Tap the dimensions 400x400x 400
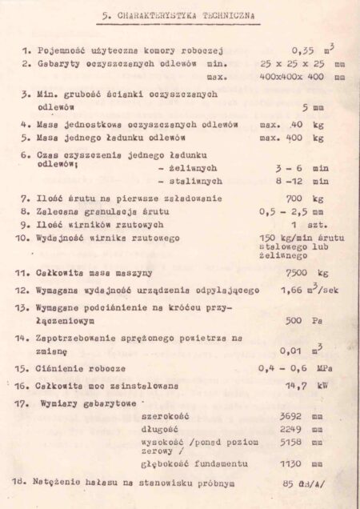290,77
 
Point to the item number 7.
26,196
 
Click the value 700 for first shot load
295,197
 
